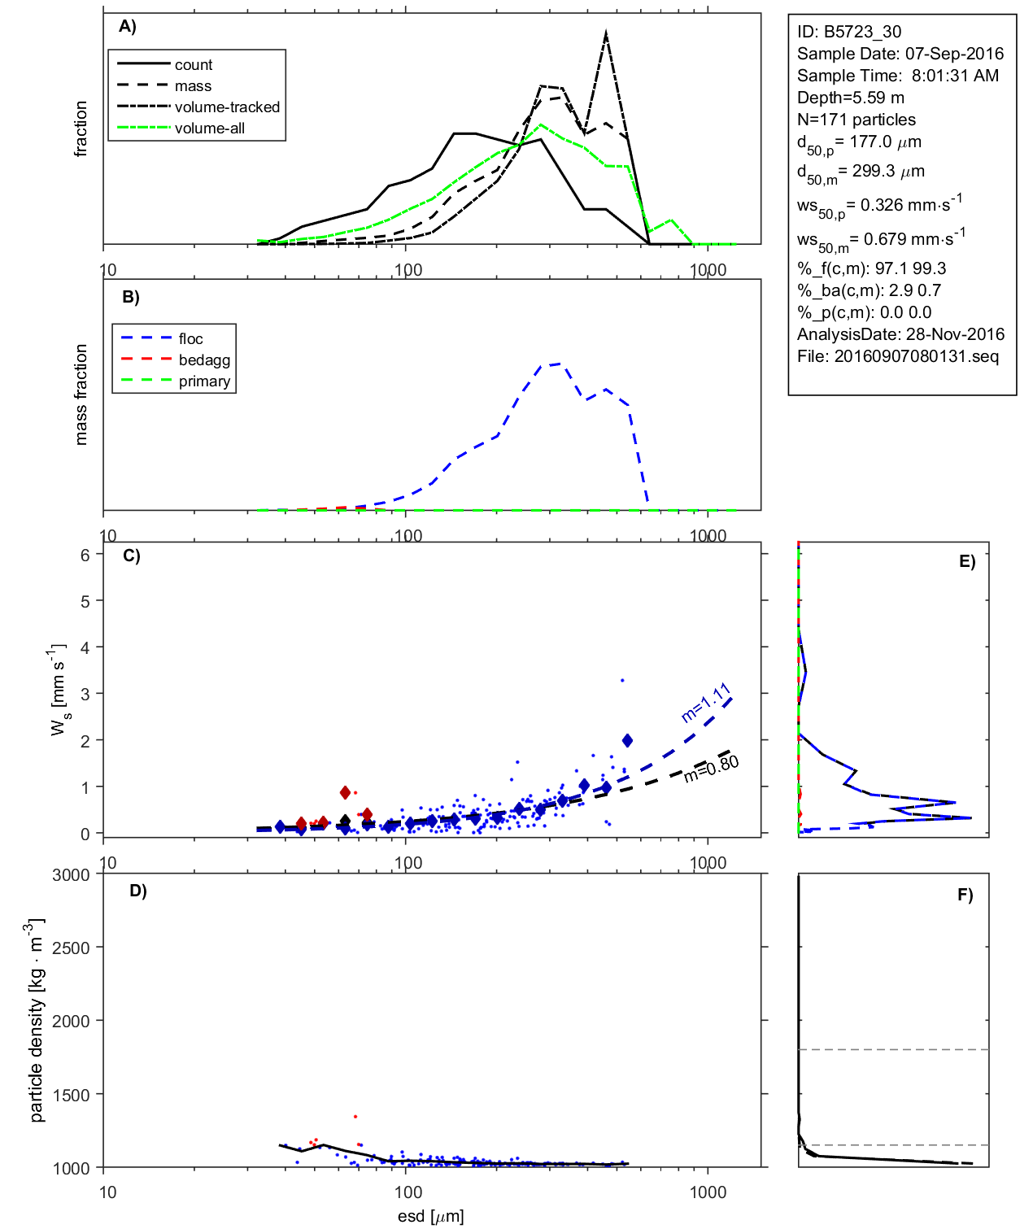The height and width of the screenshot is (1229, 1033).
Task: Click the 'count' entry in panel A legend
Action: click(x=193, y=65)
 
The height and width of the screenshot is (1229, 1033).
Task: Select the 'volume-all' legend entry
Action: click(x=209, y=129)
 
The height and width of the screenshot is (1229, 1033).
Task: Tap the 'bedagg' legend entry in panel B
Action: click(x=204, y=360)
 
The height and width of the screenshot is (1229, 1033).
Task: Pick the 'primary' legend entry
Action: click(x=204, y=381)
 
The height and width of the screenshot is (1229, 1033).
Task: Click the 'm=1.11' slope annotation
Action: click(x=706, y=704)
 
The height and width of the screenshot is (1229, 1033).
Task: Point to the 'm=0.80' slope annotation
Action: click(x=711, y=769)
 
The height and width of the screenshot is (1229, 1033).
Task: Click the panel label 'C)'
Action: click(x=131, y=556)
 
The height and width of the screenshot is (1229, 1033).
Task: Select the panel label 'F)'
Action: click(x=965, y=895)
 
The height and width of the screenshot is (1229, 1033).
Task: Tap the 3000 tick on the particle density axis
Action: click(x=71, y=875)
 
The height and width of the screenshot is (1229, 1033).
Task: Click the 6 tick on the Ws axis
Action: click(x=85, y=555)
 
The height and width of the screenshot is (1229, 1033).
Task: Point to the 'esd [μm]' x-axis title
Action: click(x=430, y=1216)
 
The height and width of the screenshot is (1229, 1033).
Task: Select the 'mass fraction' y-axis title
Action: click(x=81, y=394)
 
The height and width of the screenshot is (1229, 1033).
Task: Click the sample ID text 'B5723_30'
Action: click(x=862, y=32)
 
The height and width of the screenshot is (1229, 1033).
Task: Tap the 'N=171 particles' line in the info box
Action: click(x=856, y=120)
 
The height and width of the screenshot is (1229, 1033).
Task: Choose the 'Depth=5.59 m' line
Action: click(x=850, y=98)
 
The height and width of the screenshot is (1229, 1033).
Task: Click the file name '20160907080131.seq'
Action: click(x=916, y=356)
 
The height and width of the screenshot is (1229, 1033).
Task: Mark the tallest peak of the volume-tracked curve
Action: click(x=606, y=33)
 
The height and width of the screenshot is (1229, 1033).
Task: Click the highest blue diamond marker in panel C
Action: click(x=627, y=740)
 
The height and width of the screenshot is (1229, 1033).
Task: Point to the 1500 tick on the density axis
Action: click(x=71, y=1095)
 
